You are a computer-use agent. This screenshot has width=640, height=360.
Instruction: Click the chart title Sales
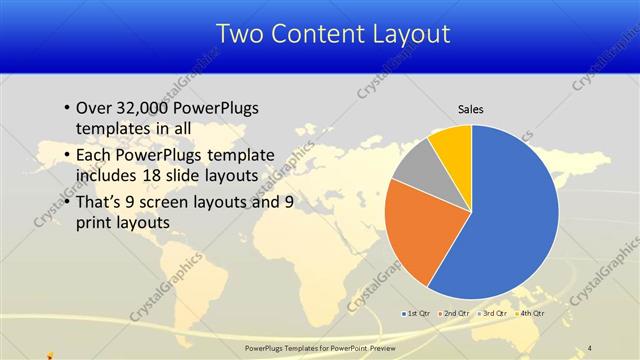coord(471,109)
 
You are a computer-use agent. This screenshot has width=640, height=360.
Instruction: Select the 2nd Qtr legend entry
coord(456,314)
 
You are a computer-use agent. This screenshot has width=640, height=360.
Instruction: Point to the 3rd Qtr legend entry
coord(492,314)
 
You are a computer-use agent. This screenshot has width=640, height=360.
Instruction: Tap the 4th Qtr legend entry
coord(530,314)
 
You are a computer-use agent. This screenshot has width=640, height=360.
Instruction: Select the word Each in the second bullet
coord(92,155)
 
